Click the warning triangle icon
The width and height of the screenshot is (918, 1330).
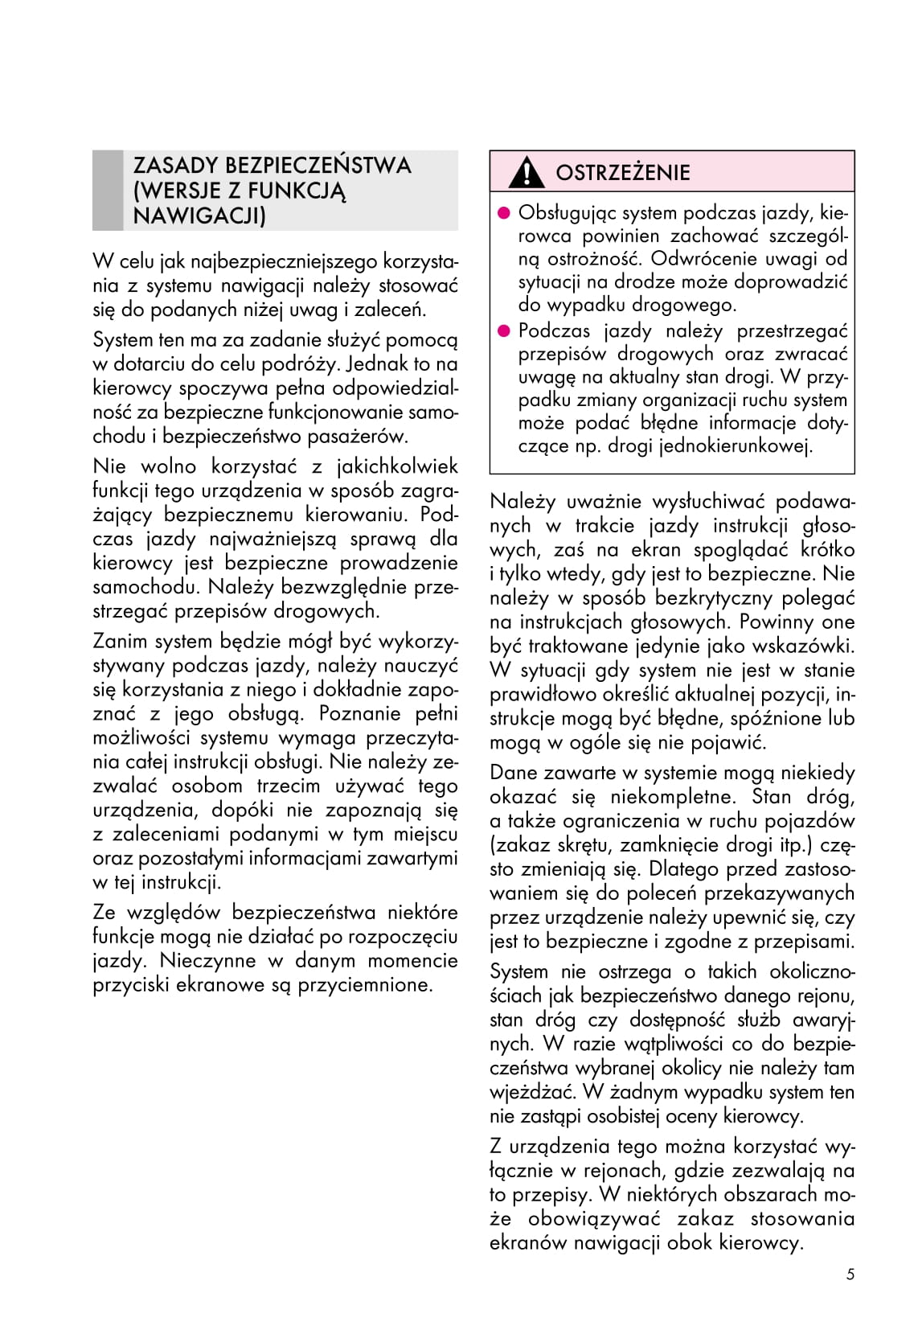point(527,172)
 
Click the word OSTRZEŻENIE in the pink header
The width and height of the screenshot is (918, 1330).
point(623,173)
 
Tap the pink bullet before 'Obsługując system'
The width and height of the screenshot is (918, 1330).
point(504,213)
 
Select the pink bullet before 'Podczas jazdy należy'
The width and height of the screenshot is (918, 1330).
point(504,330)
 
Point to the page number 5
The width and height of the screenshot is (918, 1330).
point(850,1275)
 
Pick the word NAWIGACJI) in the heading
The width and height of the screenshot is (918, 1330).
point(199,216)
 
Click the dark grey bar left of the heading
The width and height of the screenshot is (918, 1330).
point(108,191)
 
